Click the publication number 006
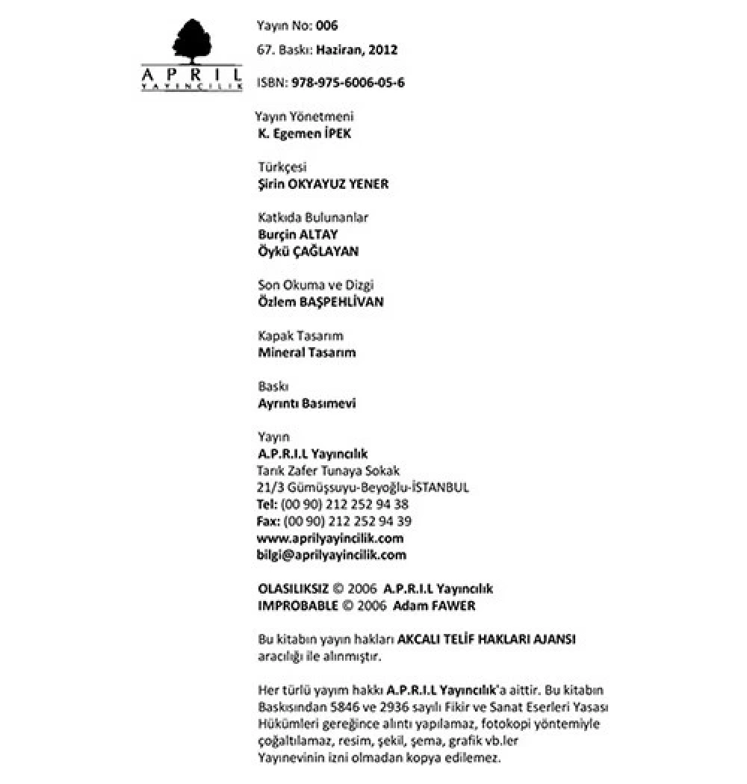[327, 26]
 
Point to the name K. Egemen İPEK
[303, 134]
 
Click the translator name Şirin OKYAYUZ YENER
[323, 184]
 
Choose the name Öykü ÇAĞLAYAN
[308, 252]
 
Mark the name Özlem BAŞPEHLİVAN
[320, 302]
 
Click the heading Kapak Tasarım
[300, 336]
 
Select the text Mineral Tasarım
[306, 352]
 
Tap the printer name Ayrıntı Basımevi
[306, 403]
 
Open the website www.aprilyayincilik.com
[330, 538]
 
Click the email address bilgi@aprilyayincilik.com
[332, 555]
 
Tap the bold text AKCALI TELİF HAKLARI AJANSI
[486, 640]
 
